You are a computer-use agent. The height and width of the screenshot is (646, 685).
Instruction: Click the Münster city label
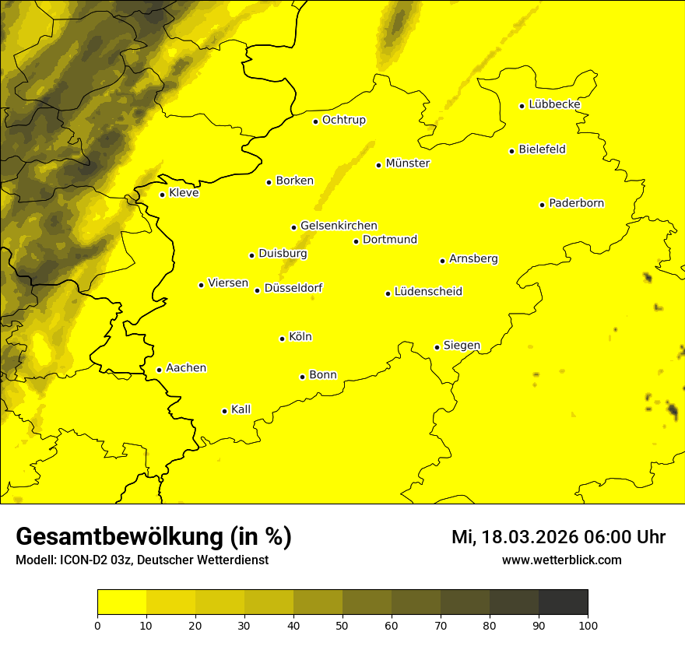(x=407, y=163)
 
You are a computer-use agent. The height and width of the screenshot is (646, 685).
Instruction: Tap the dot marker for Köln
(x=283, y=339)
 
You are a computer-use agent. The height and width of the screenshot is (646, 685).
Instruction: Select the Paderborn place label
(x=576, y=203)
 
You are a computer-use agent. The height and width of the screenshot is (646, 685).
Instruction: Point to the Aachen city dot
(x=159, y=370)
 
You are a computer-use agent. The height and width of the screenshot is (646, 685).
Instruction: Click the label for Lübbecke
(x=554, y=104)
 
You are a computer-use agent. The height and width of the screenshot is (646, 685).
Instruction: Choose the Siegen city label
(x=462, y=346)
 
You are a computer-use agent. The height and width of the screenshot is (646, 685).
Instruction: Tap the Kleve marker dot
(x=162, y=195)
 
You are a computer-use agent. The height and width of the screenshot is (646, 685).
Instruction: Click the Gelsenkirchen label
(x=339, y=226)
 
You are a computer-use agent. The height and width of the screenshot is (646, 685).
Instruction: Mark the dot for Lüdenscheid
(x=388, y=293)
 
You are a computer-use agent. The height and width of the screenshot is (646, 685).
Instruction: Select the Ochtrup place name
(x=343, y=120)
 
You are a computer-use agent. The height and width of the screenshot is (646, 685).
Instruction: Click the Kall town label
(x=241, y=409)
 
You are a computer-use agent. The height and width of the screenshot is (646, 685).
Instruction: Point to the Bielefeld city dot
(x=512, y=151)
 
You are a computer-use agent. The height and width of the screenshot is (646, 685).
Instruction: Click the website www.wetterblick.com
(x=561, y=560)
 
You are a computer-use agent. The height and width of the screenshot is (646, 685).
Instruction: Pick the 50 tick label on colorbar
(x=342, y=625)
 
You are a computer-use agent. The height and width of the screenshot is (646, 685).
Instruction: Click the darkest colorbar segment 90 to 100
(x=563, y=602)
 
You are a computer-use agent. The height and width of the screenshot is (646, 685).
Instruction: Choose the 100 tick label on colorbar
(x=588, y=625)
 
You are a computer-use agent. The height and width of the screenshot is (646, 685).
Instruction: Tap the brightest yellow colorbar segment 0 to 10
(x=121, y=602)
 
